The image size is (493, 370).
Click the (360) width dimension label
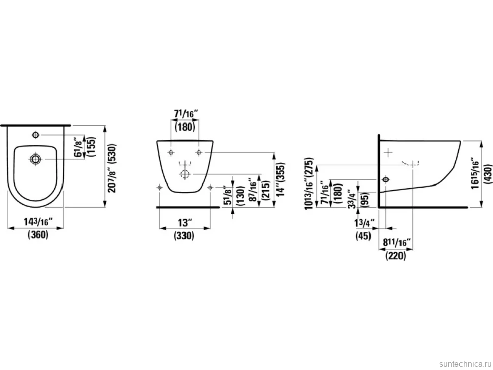[38, 235]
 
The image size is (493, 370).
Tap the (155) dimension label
[92, 147]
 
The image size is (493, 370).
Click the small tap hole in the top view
[35, 135]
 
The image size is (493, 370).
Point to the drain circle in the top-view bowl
[35, 159]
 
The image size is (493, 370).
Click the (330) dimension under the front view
[184, 236]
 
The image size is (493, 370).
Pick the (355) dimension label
[281, 173]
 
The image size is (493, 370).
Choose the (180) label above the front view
[185, 127]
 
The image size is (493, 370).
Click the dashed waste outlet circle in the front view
[185, 174]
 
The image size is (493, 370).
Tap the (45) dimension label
[363, 236]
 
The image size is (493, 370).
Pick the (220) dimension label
[395, 256]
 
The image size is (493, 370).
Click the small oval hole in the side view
[385, 179]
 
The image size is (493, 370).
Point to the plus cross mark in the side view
[389, 152]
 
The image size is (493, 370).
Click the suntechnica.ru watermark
[465, 364]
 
